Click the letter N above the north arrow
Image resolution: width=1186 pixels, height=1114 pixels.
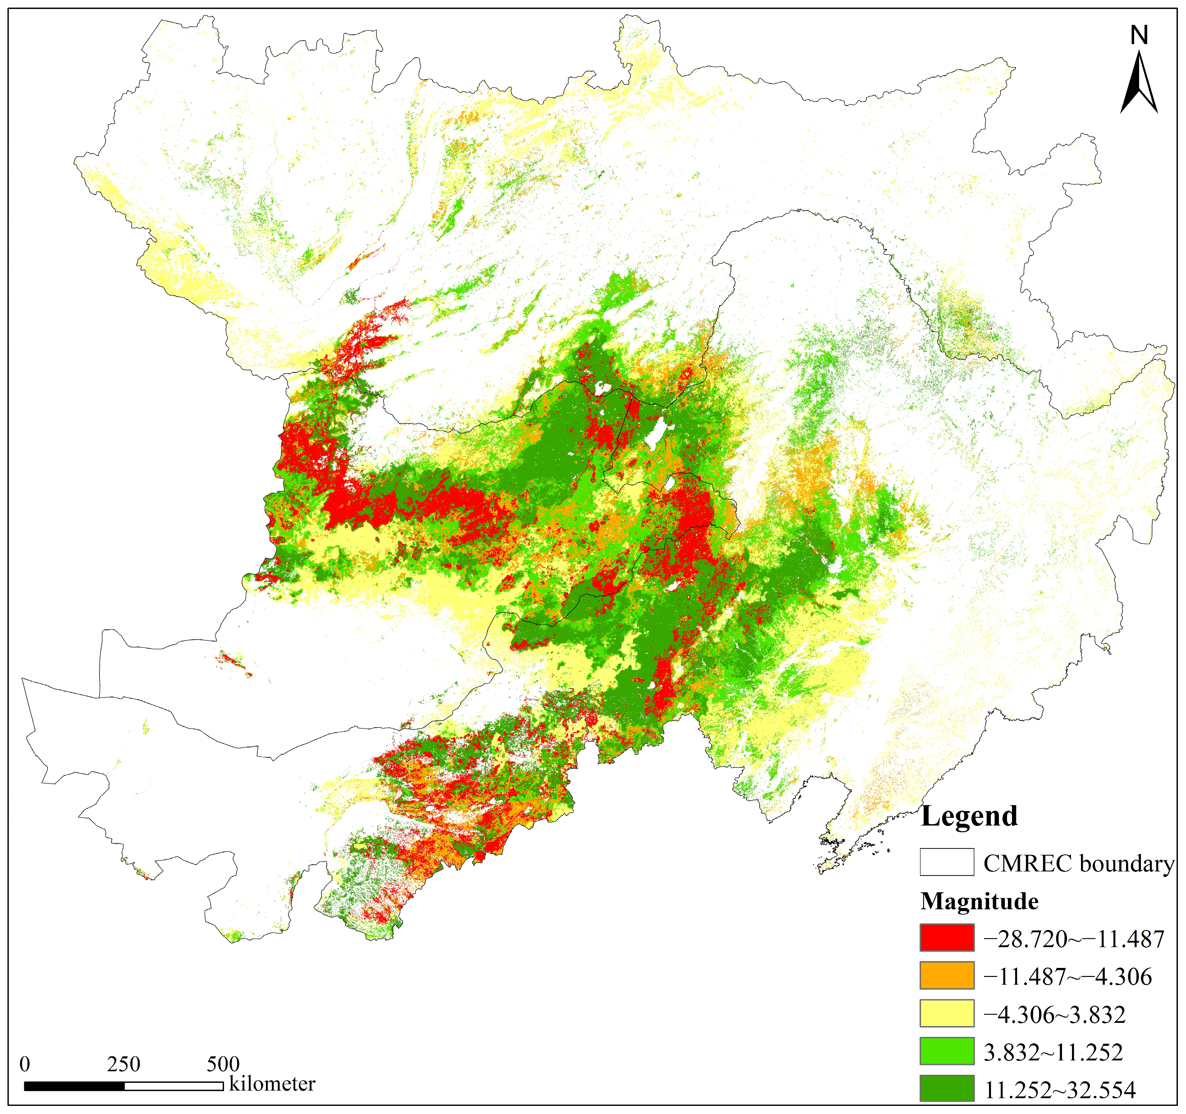pos(1139,36)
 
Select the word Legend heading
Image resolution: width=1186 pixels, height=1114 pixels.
pos(970,816)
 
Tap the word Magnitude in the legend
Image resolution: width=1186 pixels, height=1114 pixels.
pos(980,901)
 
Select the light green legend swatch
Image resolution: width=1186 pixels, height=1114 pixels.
pos(947,1051)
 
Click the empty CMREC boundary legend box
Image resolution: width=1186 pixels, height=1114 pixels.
pos(947,862)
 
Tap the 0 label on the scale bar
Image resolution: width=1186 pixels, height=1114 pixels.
pos(24,1064)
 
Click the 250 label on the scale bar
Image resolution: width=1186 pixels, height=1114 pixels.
pos(124,1064)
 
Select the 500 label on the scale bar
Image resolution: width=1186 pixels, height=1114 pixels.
pos(223,1064)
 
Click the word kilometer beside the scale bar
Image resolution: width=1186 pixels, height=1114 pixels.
pos(272,1084)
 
